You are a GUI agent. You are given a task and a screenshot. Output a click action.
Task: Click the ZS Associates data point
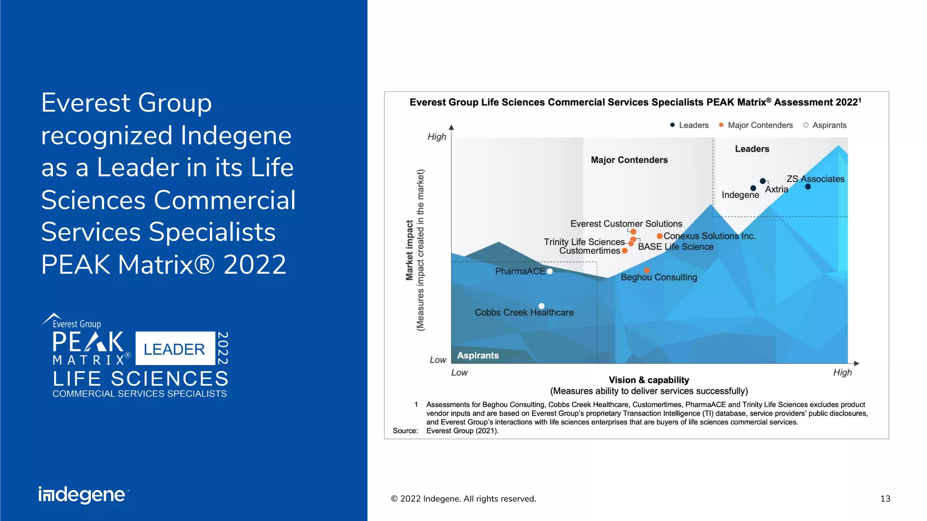click(808, 187)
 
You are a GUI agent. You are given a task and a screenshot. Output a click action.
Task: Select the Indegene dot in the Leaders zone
click(753, 188)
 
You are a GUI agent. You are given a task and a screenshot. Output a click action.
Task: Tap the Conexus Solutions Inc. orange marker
click(660, 236)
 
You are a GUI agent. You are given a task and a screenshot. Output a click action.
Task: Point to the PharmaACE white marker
click(550, 271)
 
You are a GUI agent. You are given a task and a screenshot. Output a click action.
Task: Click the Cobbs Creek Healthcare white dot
click(541, 306)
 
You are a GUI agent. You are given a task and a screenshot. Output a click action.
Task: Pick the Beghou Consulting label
click(659, 277)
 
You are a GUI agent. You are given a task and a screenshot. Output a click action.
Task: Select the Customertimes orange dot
click(625, 251)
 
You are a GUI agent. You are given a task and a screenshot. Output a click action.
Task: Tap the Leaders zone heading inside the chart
click(752, 149)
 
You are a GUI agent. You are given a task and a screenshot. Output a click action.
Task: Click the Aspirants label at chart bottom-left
click(478, 355)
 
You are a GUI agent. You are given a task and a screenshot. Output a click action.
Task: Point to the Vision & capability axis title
click(649, 380)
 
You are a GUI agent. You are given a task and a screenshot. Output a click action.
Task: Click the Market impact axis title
click(410, 250)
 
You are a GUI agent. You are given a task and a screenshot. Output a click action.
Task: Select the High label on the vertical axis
click(437, 137)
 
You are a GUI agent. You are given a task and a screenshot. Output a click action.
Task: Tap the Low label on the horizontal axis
click(459, 373)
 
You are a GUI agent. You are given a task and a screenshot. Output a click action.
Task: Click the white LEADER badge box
click(175, 349)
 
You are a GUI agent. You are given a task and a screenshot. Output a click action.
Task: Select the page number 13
click(885, 499)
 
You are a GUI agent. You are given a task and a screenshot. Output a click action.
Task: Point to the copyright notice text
click(463, 499)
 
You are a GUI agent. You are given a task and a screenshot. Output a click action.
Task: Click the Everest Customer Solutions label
click(626, 224)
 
